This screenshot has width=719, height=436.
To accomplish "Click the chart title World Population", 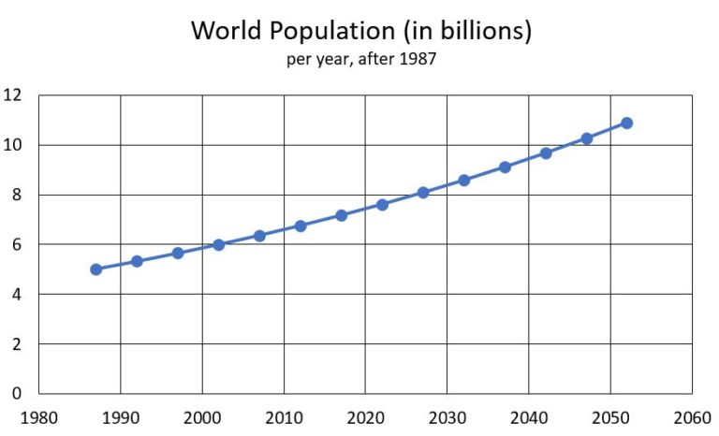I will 361,30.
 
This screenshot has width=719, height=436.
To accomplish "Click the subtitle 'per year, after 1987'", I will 361,60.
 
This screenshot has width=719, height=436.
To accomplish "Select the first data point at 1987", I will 96,269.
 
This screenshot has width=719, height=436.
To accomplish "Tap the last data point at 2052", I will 626,123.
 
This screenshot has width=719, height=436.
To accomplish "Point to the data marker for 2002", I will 218,245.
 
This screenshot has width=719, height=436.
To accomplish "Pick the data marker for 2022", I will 382,204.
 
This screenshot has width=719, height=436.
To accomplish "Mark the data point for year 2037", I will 505,167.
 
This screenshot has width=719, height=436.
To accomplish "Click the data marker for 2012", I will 301,226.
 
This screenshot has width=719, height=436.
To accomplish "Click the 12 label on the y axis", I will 13,95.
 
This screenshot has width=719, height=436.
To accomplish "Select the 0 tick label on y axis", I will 17,394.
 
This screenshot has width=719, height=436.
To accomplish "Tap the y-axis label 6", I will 17,244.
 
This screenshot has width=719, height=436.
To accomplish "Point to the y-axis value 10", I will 13,145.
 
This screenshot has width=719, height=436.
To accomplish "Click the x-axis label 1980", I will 39,416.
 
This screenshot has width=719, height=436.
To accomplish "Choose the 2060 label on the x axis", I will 692,416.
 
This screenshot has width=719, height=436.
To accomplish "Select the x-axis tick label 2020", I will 365,416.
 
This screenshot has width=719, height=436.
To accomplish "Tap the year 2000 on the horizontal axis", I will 202,416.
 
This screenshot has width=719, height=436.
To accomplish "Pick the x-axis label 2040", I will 529,416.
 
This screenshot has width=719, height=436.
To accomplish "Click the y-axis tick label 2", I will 17,344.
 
